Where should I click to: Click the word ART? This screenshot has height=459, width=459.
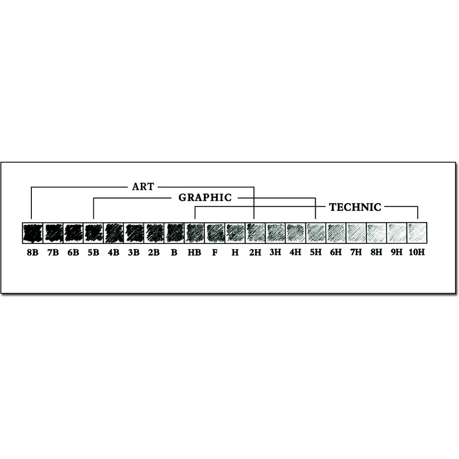coord(143,186)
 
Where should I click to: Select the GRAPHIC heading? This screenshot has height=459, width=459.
coord(205,197)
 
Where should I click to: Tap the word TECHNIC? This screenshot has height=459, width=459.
coord(355,207)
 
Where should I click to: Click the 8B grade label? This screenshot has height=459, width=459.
coord(32,252)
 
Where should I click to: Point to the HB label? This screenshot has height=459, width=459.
coord(195,252)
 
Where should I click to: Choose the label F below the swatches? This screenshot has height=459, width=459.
coord(215,252)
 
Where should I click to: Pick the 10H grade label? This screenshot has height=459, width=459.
coord(417,252)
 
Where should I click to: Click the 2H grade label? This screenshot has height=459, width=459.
coord(255,252)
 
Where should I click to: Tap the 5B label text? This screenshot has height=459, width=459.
coord(93,252)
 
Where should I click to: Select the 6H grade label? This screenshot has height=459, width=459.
coord(336,252)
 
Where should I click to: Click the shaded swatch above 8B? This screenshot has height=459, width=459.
coord(32,232)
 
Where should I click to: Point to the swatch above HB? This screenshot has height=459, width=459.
coord(195,232)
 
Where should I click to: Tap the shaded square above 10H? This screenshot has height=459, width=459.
coord(417,232)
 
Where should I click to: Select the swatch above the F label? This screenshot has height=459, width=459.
coord(215,232)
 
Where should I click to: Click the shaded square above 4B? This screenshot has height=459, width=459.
coord(113,232)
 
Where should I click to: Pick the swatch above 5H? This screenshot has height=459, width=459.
coord(316,232)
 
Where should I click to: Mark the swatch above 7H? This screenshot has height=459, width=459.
coord(356,232)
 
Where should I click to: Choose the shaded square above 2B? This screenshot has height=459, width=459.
coord(154,232)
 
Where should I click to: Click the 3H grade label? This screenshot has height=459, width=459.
coord(275,252)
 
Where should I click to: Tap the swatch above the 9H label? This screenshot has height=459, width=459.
coord(397,232)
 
